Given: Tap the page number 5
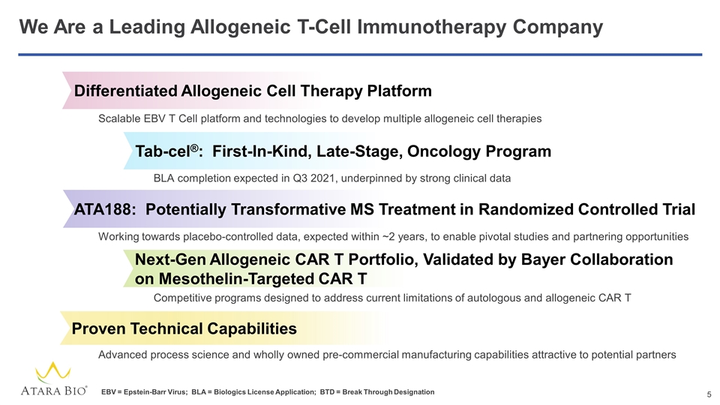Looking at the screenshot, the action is coord(709,394).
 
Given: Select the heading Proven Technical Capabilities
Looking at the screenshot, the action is coord(184,328).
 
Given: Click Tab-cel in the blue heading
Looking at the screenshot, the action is coord(163,151).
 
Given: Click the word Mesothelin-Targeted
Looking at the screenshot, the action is coord(241,279).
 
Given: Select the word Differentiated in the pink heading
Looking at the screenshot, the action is coord(125,91).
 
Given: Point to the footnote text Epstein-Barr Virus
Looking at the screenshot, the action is coord(154,392).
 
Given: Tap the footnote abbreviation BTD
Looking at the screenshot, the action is coord(327,392).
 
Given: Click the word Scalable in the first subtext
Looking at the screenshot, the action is coord(119,119).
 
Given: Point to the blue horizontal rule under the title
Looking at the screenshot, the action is coord(360,55).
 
